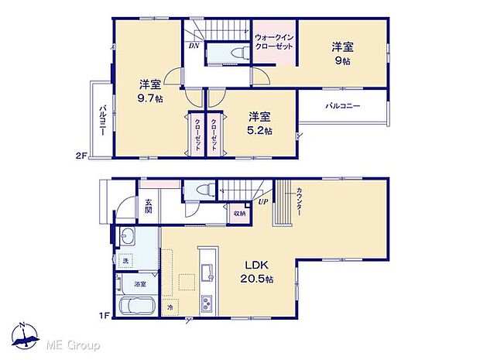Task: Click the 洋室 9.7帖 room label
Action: point(150,91)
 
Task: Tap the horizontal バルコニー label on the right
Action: point(341,105)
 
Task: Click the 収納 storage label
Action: point(239,213)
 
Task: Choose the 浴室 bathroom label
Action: point(140,285)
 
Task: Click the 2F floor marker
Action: point(80,156)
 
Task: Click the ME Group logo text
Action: point(71,344)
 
